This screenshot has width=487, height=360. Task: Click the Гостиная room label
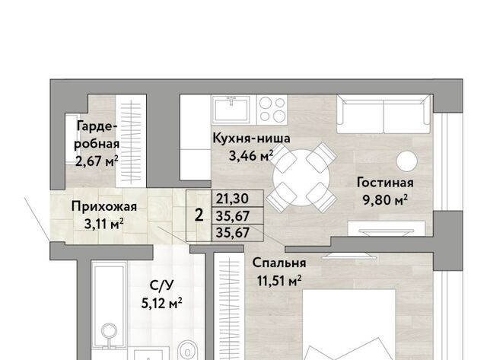(385, 183)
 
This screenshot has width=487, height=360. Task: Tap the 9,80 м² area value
(385, 199)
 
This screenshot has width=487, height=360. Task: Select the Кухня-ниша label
(251, 139)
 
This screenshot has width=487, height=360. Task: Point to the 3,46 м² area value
(251, 155)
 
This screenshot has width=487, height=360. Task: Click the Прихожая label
(104, 207)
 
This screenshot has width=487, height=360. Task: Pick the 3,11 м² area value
(104, 224)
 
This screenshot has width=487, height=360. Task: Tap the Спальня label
(279, 263)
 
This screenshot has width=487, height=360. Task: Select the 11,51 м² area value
(279, 281)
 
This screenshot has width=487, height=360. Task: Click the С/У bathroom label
(161, 285)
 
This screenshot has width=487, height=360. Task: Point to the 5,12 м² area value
(161, 303)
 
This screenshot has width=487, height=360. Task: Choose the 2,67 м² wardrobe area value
(97, 161)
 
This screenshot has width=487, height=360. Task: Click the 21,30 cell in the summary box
(232, 199)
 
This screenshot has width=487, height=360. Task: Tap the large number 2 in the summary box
(199, 215)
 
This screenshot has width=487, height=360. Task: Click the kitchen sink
(231, 109)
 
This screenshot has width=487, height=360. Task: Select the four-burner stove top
(272, 109)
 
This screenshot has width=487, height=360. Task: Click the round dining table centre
(301, 177)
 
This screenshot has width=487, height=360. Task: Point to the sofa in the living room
(384, 114)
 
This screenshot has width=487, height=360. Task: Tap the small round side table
(406, 161)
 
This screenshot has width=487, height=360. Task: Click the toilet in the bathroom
(187, 350)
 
